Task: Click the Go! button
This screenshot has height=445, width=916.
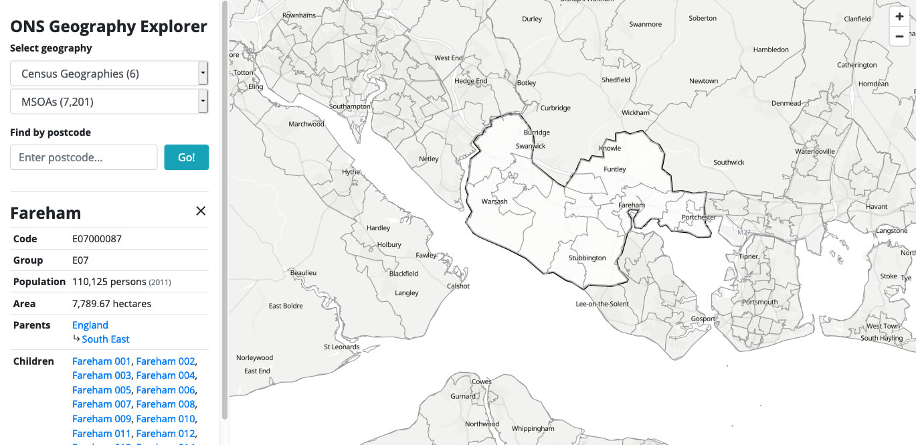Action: click(x=186, y=157)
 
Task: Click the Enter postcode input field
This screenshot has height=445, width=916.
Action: click(x=84, y=157)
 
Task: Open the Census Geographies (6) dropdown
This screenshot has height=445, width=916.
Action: click(x=109, y=74)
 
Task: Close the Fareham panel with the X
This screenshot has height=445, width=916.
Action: click(x=201, y=211)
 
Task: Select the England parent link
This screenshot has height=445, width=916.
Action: click(x=90, y=325)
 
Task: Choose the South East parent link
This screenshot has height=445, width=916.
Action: click(x=106, y=339)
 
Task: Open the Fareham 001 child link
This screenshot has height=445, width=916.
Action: click(x=101, y=361)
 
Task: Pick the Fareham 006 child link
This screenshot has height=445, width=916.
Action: click(x=165, y=390)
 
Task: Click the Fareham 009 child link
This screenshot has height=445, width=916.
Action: click(x=101, y=419)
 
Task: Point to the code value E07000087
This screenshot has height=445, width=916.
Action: click(x=97, y=239)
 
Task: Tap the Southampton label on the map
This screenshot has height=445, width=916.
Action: click(x=349, y=106)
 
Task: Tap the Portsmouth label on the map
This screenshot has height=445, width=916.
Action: click(x=760, y=302)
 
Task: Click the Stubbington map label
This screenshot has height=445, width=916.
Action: click(x=587, y=258)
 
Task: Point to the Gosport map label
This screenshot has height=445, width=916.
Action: click(x=703, y=319)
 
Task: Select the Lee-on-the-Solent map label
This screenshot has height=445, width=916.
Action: click(x=602, y=304)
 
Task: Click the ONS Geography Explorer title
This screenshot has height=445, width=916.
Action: click(x=108, y=27)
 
